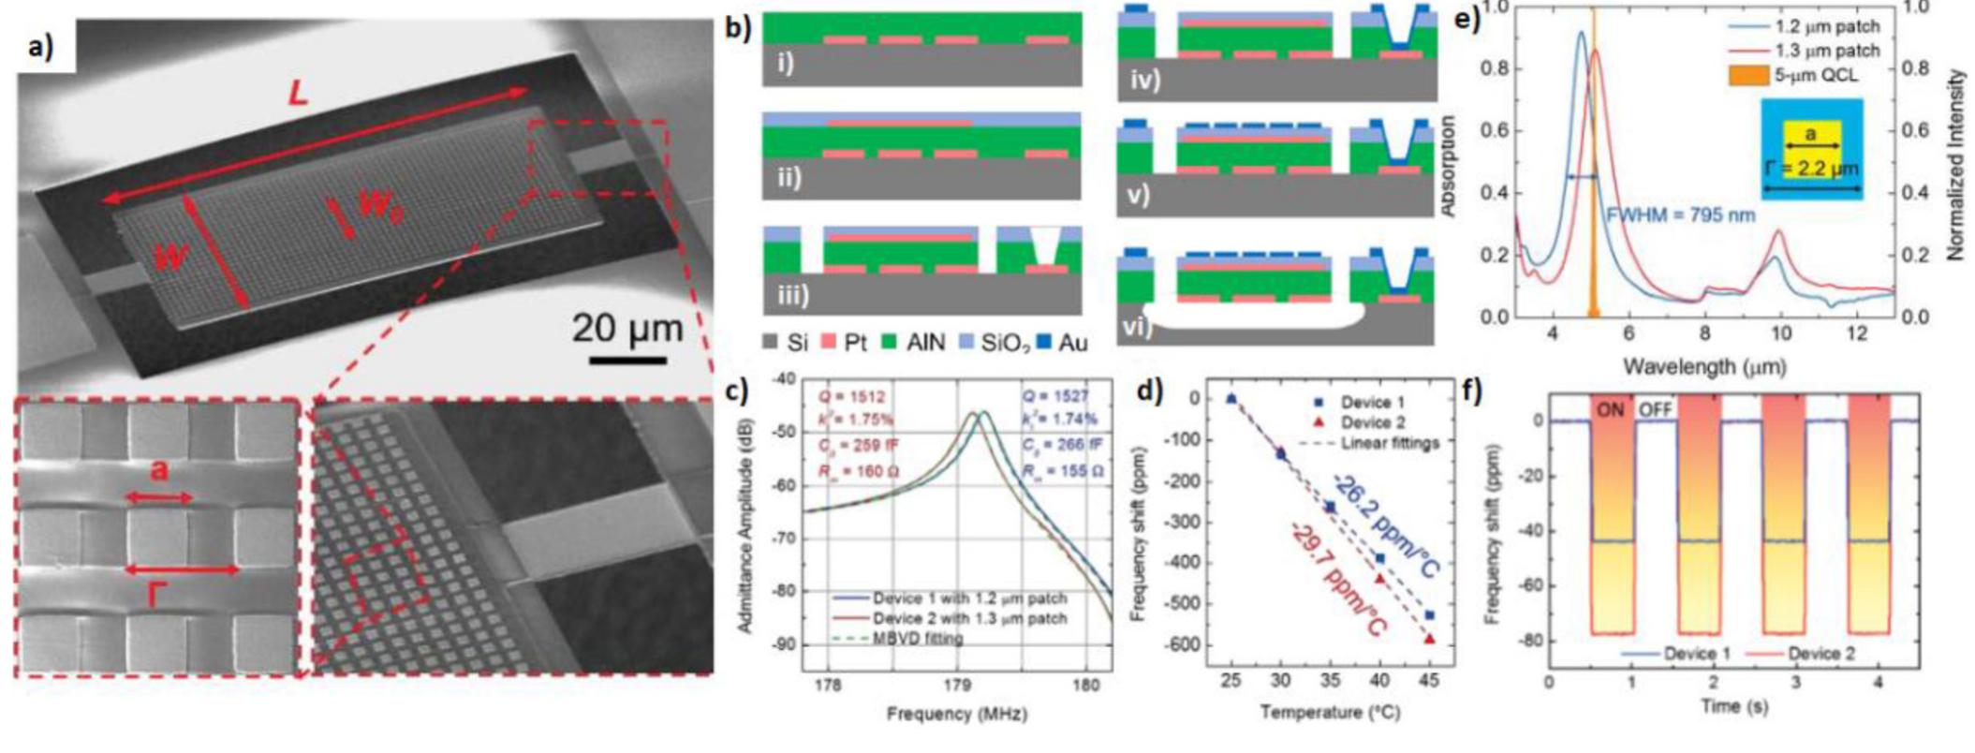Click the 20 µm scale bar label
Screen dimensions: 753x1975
tap(626, 329)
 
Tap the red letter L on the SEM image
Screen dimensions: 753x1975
tap(298, 94)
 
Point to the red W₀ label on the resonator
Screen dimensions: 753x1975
tap(380, 207)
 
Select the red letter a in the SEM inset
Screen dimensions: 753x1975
tap(159, 471)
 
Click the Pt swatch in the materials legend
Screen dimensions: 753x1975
tap(832, 343)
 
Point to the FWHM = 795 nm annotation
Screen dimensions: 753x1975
tap(1680, 215)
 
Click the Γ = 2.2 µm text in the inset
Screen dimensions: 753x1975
tap(1811, 170)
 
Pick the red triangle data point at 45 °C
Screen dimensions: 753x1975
tap(1430, 639)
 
